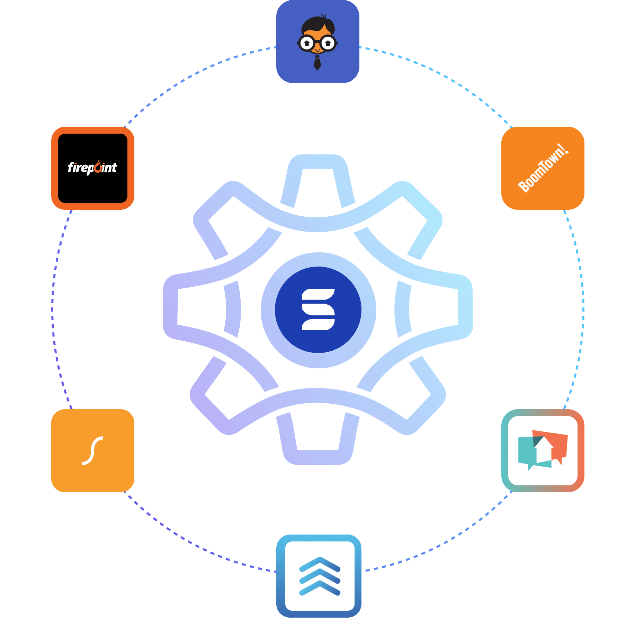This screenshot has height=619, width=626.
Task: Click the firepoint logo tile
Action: pos(92,168)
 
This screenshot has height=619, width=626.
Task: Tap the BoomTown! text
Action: pos(543,168)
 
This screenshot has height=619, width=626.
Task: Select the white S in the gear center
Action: pos(318,309)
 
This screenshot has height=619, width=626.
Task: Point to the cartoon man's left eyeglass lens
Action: pos(307,44)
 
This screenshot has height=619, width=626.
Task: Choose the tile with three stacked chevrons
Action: pos(319,576)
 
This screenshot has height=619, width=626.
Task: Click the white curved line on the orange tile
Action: pos(92,450)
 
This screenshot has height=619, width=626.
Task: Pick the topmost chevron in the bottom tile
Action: pos(320,563)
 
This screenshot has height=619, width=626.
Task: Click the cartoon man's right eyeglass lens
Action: pos(328,44)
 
